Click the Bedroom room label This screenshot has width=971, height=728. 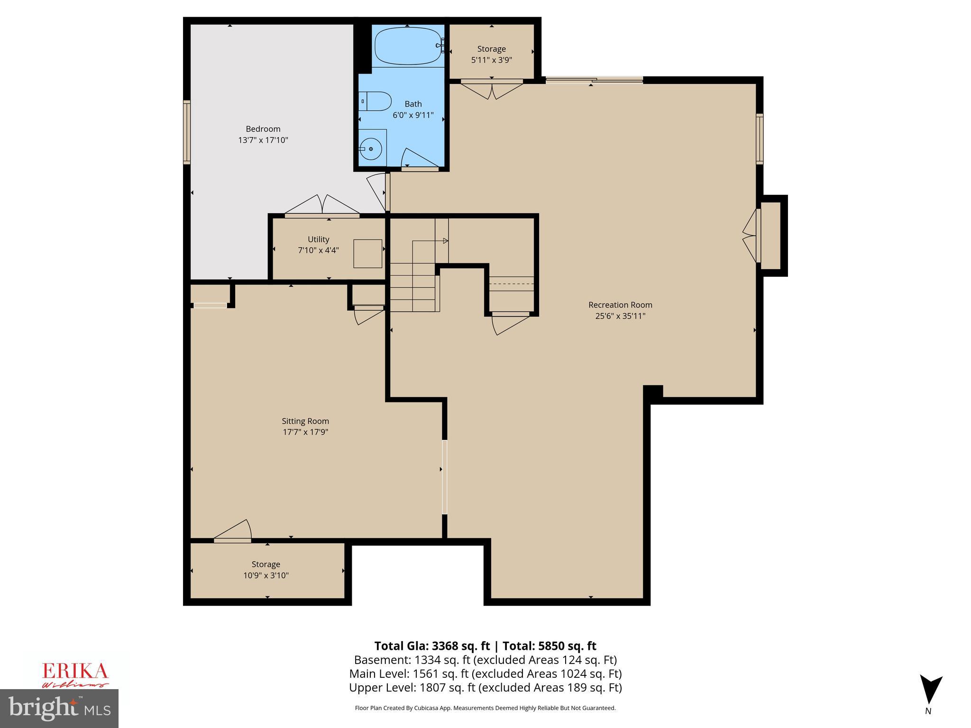click(263, 129)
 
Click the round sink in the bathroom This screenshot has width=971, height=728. click(371, 149)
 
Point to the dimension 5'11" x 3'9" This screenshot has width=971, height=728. click(491, 60)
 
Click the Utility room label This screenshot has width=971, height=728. click(318, 239)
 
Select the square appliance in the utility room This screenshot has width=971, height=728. click(367, 254)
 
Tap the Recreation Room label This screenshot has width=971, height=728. click(620, 305)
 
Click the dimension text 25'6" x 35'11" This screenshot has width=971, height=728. click(620, 316)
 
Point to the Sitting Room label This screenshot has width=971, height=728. click(305, 421)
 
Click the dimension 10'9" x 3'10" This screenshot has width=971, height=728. click(266, 575)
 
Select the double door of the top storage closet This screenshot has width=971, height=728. click(492, 90)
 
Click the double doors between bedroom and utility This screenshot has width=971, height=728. click(322, 206)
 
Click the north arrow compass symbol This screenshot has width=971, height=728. click(931, 690)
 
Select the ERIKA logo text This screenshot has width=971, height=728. click(75, 671)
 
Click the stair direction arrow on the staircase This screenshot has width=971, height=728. click(445, 241)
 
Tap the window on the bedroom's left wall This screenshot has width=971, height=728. click(187, 132)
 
